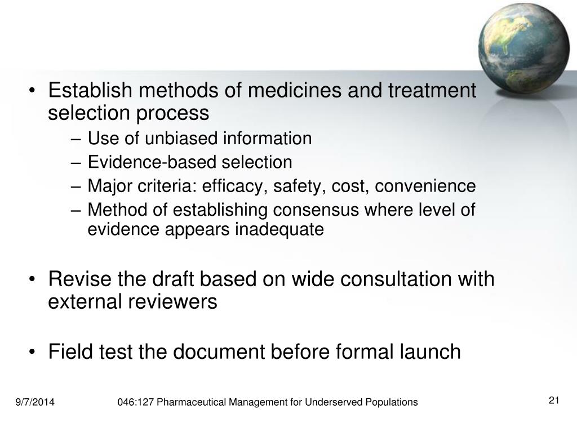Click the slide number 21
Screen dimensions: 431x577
[x=553, y=401]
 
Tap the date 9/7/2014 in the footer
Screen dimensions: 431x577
[x=35, y=402]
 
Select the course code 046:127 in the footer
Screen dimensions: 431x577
[x=136, y=402]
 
